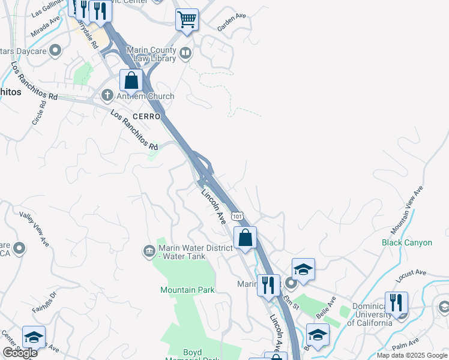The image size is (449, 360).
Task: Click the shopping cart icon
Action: click(x=187, y=19)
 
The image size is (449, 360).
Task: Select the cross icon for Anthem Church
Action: click(x=107, y=95)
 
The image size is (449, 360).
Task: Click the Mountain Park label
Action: click(x=187, y=290)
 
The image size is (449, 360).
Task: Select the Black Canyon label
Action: click(x=406, y=242)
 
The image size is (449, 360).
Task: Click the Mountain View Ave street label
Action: click(x=408, y=209)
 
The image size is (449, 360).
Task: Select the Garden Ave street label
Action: click(x=232, y=23)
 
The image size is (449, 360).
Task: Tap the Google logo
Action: click(x=20, y=353)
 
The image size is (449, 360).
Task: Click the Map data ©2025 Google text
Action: click(x=411, y=355)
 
